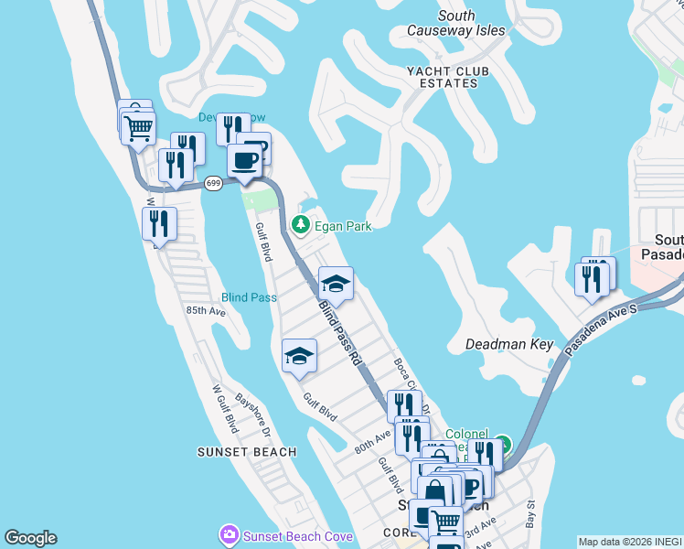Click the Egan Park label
[341, 224]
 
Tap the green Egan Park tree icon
[299, 224]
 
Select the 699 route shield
[213, 183]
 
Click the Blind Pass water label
[249, 297]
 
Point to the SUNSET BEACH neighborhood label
[247, 452]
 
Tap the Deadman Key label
[510, 345]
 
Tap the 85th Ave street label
[206, 311]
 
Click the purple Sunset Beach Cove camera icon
[228, 533]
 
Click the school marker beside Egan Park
[336, 284]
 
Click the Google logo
[30, 538]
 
